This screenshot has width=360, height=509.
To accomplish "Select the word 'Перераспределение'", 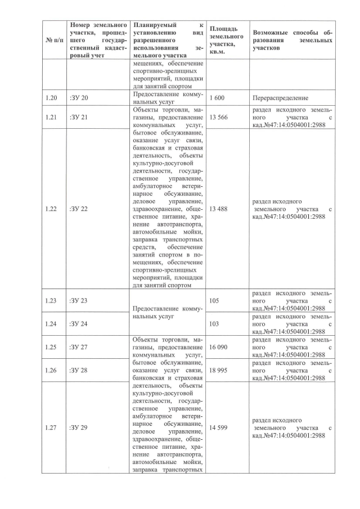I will [x=280, y=98].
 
